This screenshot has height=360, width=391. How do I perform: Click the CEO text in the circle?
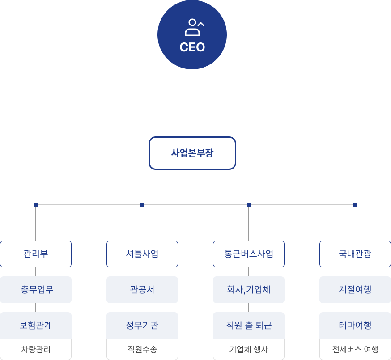coord(192,47)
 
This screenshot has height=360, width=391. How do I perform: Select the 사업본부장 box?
coord(192,153)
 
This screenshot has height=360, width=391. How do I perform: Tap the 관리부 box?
coord(36,254)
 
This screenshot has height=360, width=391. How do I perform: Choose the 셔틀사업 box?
coord(142,254)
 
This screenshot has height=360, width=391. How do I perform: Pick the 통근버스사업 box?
coord(249,254)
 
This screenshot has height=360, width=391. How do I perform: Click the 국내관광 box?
coord(355,254)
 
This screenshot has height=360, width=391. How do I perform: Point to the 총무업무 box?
coord(36,290)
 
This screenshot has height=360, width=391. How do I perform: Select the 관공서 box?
coord(142,290)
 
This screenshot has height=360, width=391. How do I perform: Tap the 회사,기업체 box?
coord(249,290)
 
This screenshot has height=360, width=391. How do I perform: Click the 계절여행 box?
coord(355,290)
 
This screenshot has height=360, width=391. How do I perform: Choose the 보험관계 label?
coord(36,326)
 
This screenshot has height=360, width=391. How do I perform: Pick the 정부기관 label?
coord(142,326)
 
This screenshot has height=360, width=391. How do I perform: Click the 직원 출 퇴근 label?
coord(249,326)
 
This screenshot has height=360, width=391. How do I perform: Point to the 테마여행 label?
coord(355,326)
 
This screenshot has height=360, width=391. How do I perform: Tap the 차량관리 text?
coord(36,349)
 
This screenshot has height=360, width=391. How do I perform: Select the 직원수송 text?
coord(142,349)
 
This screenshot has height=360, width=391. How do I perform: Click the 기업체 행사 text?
coord(249,349)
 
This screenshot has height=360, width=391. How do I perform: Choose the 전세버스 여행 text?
coord(355,349)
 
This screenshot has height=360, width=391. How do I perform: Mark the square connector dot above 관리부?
coord(36,205)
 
